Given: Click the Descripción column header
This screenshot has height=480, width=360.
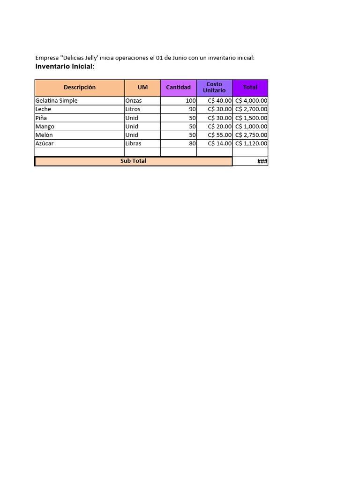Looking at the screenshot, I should [x=80, y=88].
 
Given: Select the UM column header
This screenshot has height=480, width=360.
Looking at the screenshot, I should [x=142, y=88].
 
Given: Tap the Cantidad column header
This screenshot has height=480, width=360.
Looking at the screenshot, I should [x=178, y=88].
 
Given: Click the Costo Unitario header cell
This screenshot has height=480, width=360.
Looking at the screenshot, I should [x=214, y=88].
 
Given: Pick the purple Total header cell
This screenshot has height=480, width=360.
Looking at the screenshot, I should [x=250, y=88].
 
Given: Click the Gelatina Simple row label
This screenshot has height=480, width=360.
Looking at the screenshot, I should [x=57, y=101].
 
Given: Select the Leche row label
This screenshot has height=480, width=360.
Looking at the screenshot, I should [x=44, y=109].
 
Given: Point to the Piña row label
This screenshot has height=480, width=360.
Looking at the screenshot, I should [x=41, y=118].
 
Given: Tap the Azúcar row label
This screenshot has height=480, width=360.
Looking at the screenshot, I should [x=45, y=143].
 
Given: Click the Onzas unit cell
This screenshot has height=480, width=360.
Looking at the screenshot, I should [x=133, y=101].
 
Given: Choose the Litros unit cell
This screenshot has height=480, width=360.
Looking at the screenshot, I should [x=133, y=109].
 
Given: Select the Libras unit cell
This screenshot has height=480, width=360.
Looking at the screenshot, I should [x=134, y=143].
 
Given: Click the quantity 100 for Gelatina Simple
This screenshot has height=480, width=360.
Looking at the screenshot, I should [x=191, y=101].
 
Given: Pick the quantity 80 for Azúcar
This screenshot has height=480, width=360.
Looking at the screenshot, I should [x=192, y=143].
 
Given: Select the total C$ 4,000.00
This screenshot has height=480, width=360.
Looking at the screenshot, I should [x=251, y=101].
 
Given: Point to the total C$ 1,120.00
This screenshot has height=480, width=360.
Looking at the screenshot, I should [x=251, y=143].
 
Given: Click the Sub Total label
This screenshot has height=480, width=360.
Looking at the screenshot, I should [x=133, y=161].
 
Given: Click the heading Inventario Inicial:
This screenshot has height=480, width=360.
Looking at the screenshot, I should [x=65, y=67].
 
